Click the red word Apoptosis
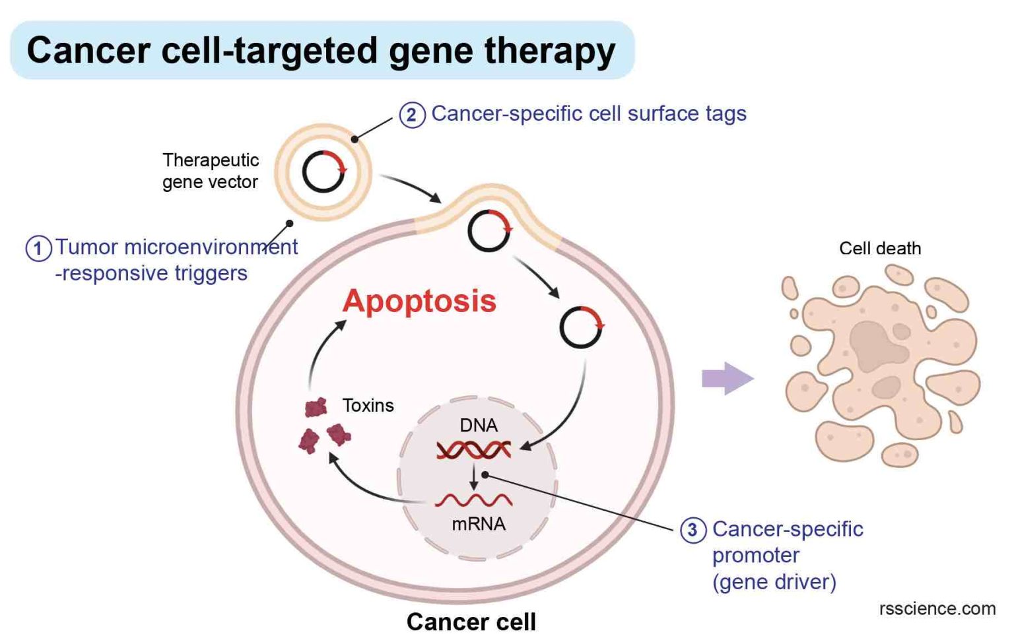419,301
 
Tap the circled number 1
38,249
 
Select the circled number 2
412,115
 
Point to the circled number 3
693,530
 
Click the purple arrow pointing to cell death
727,379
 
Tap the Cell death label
879,249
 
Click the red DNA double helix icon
473,450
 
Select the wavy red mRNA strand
473,500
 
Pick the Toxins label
368,405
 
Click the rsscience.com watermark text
937,608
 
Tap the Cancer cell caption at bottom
471,622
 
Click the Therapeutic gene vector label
211,171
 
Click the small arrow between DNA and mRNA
473,477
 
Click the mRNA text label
478,524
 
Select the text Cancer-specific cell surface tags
588,113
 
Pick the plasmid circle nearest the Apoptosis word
581,327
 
